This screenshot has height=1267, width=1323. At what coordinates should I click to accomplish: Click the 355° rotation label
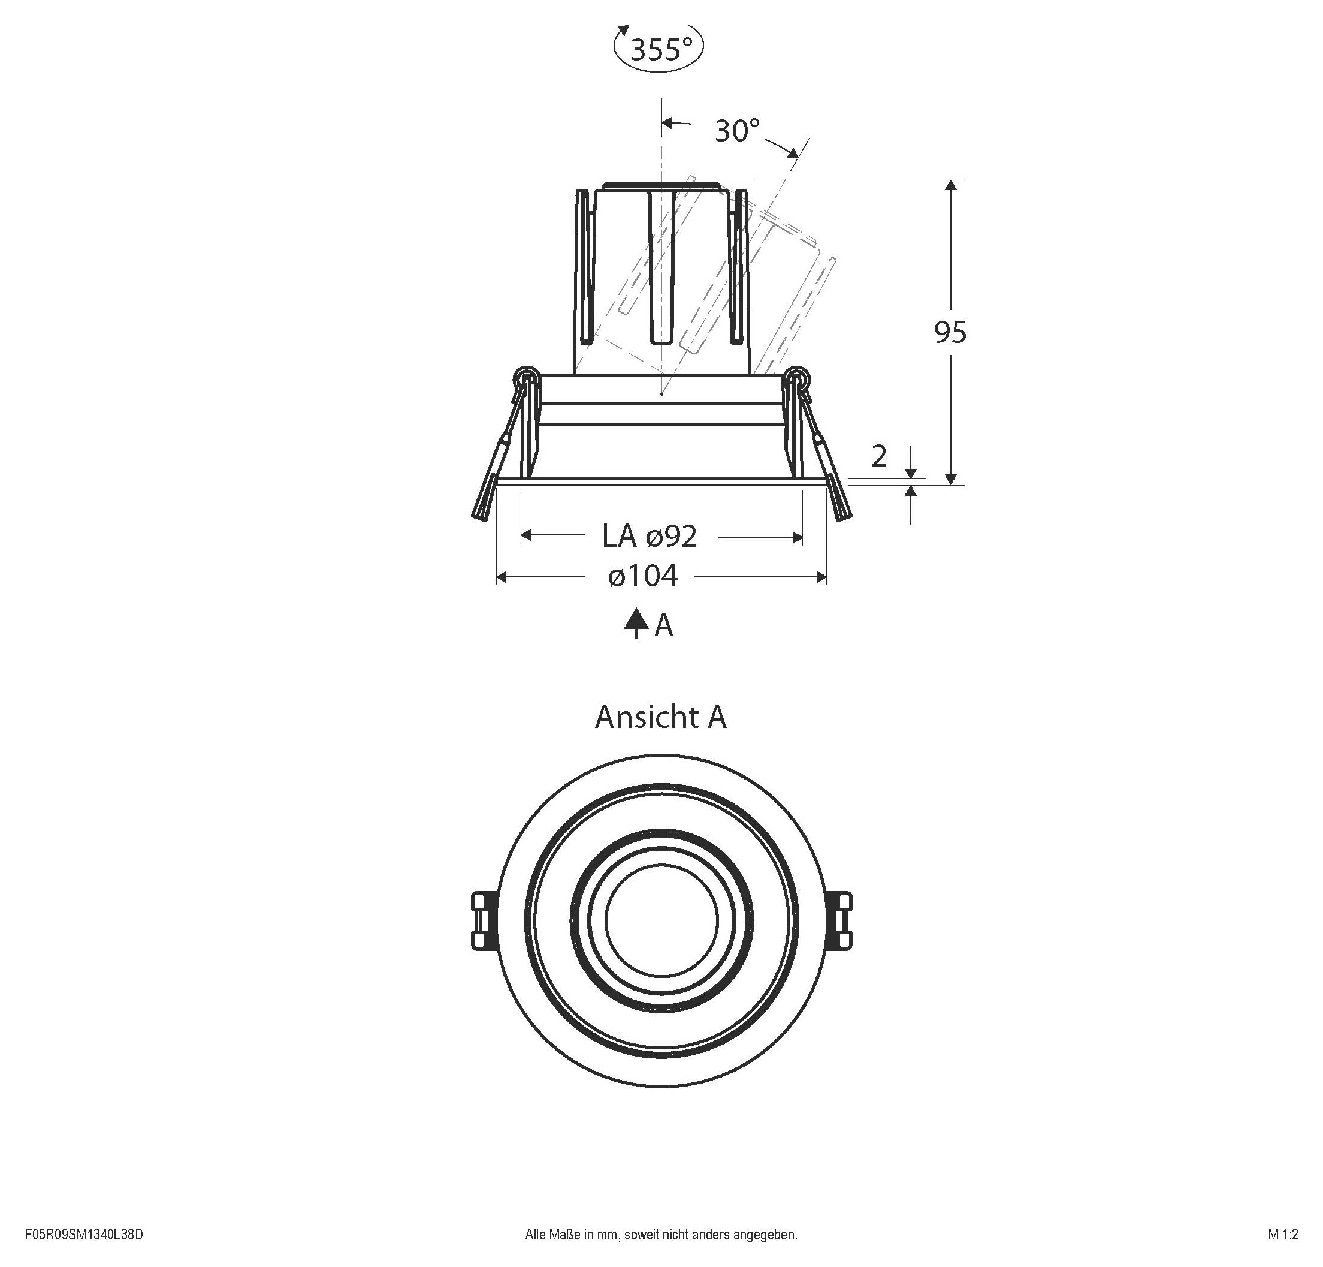pyautogui.click(x=660, y=49)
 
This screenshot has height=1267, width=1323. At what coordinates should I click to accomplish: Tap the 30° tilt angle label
pyautogui.click(x=737, y=130)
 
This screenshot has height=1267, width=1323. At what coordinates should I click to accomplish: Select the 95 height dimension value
pyautogui.click(x=950, y=332)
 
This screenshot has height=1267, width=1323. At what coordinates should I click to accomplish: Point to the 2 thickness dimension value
pyautogui.click(x=879, y=456)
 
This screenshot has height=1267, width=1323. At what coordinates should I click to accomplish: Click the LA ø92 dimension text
pyautogui.click(x=650, y=536)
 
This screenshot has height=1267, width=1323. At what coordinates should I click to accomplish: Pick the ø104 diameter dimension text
pyautogui.click(x=642, y=576)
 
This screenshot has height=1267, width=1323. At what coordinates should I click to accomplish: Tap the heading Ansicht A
pyautogui.click(x=660, y=717)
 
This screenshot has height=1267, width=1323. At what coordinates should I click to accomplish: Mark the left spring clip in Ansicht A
pyautogui.click(x=481, y=920)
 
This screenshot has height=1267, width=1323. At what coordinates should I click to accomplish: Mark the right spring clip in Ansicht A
pyautogui.click(x=841, y=920)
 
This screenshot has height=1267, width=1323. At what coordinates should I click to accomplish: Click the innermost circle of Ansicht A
pyautogui.click(x=661, y=920)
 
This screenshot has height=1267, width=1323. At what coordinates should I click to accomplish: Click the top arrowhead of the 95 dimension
pyautogui.click(x=951, y=186)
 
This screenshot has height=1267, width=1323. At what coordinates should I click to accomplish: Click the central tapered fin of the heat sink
pyautogui.click(x=661, y=270)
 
